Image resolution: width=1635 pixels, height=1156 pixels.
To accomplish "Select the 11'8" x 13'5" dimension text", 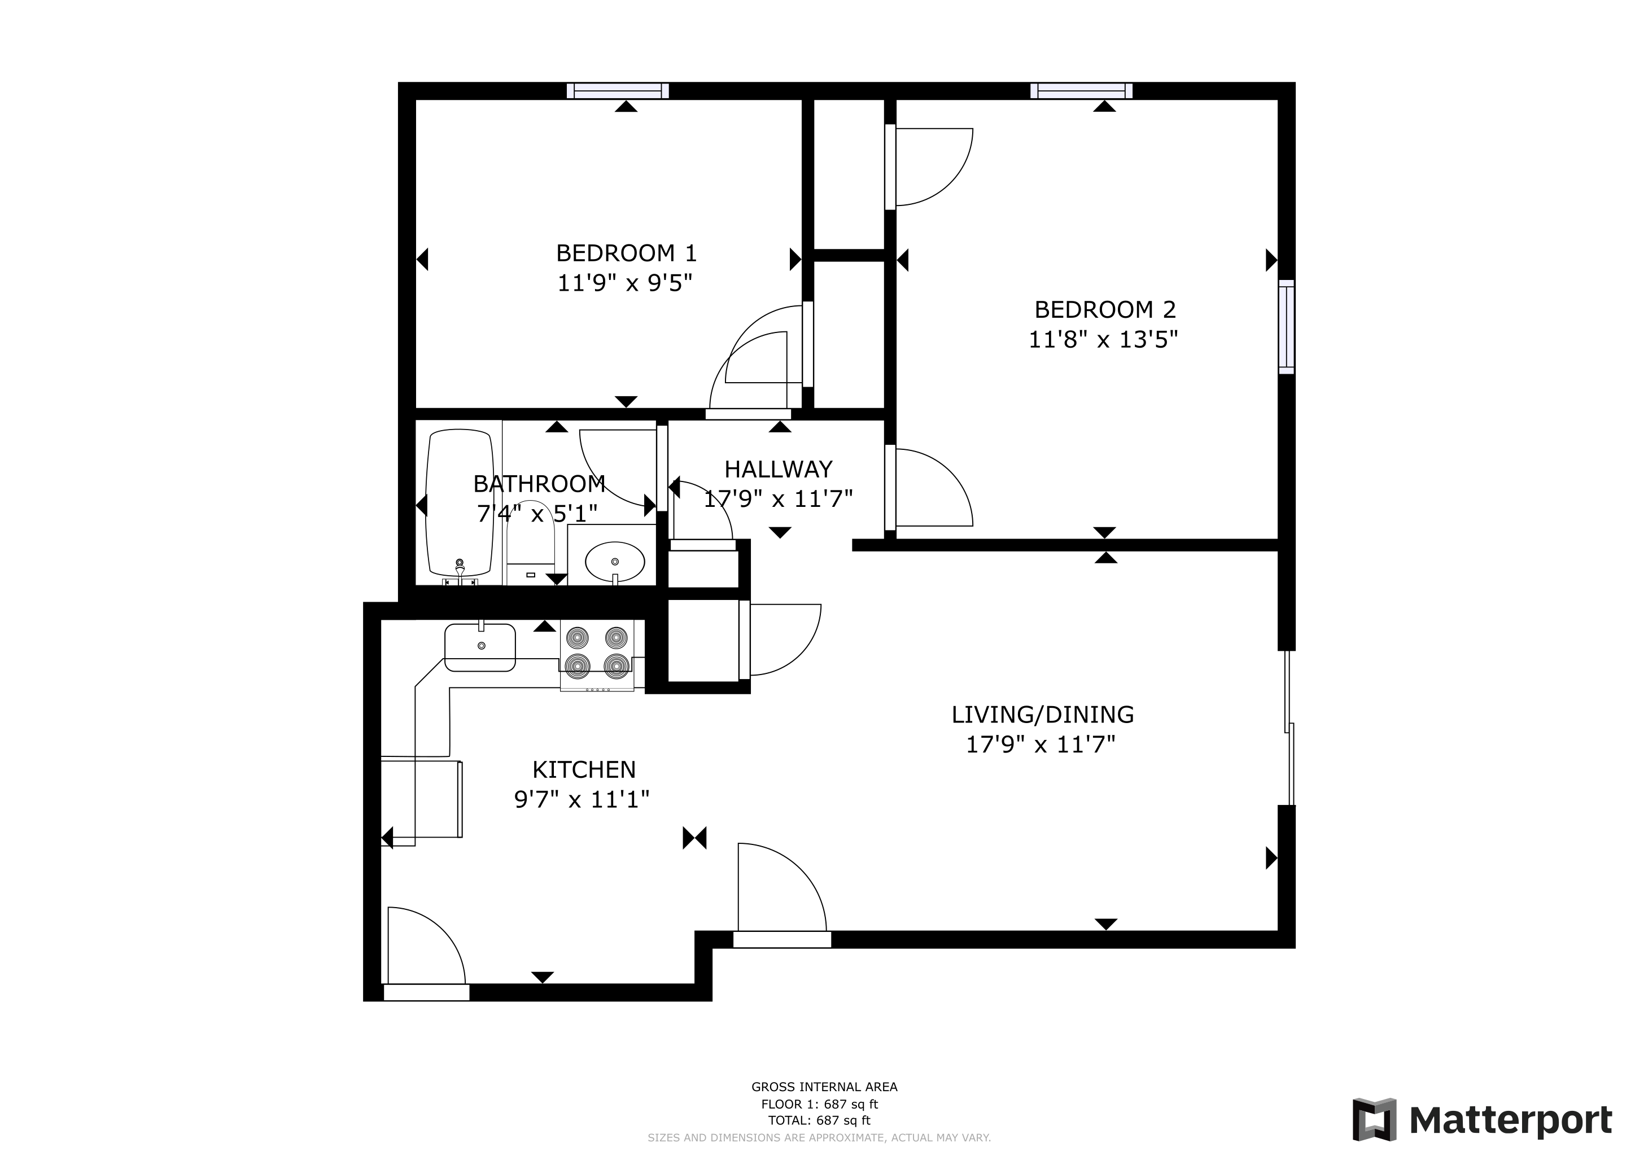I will tap(1103, 340).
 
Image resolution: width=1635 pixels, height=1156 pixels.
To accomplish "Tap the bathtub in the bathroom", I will tap(460, 503).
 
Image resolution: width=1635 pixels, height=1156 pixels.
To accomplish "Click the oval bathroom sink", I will tap(615, 562).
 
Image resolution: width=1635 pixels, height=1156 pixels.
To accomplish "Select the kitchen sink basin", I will tap(480, 647).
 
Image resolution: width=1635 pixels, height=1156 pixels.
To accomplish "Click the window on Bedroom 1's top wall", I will tap(618, 90).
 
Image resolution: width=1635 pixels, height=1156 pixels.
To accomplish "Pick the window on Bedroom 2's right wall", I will tap(1286, 327).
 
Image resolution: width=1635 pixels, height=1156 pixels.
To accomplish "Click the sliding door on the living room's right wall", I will tap(1289, 728).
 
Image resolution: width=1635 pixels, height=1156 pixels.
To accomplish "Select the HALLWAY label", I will tap(779, 469).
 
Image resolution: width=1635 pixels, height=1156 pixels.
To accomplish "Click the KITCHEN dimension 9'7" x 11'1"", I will tap(582, 799).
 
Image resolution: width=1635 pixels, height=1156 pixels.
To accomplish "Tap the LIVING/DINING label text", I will tap(1042, 714).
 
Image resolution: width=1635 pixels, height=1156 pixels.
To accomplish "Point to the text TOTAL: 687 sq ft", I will tap(819, 1120).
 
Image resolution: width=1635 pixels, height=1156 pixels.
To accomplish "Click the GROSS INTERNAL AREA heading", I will tap(824, 1087).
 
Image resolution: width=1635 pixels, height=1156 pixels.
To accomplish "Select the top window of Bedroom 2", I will tap(1081, 90).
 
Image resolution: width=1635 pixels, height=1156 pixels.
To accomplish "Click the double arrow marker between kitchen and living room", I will tap(694, 838).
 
